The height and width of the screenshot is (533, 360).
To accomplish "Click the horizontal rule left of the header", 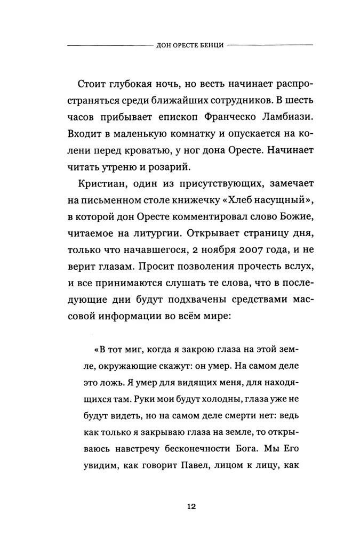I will pyautogui.click(x=107, y=45).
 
